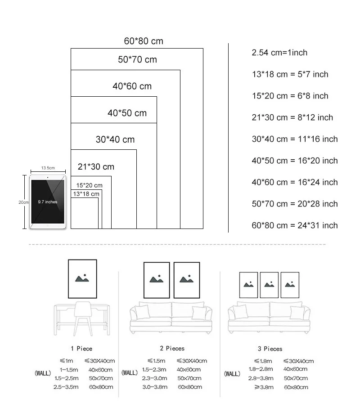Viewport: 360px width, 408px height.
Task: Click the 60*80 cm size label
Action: coord(144,41)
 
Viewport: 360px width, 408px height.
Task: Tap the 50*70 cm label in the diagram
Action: coord(137,59)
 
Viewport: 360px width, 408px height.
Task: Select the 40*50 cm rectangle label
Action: coord(127,113)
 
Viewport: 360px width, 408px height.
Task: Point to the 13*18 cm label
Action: coord(86,194)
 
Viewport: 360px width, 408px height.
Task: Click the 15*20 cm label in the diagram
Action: coord(89,185)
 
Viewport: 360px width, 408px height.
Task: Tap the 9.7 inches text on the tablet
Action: coord(47,202)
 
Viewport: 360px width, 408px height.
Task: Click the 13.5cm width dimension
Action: coord(48,168)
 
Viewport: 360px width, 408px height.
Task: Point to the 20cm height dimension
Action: coord(23,202)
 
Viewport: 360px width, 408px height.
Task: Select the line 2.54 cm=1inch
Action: coord(279,53)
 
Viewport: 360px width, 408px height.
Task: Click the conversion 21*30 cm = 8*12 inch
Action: coord(292,117)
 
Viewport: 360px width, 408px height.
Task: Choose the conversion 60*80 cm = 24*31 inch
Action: coord(294,225)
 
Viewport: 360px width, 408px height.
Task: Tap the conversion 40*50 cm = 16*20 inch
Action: coord(294,161)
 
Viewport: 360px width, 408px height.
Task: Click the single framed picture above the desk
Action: coord(82,279)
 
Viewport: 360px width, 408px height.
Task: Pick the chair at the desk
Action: coord(83,318)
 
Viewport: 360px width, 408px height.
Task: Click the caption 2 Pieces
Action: coord(172,348)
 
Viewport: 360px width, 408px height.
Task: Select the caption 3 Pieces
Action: coord(270,349)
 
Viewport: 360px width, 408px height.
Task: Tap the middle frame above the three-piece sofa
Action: coord(269,285)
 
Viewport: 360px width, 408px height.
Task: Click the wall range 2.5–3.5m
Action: coord(66,387)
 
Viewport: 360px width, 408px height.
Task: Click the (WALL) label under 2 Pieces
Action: coord(130,372)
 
